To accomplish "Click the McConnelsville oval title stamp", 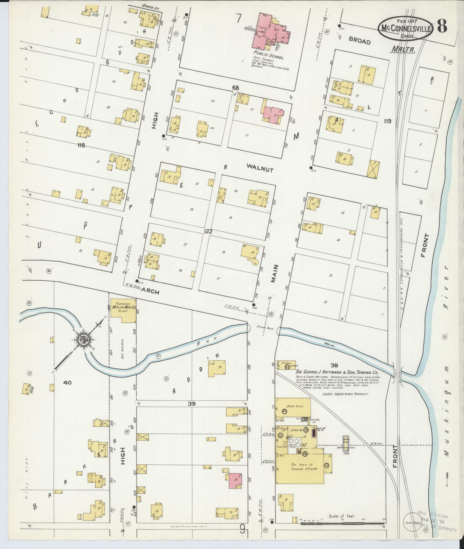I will coord(406,28).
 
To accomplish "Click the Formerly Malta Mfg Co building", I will coord(123,310).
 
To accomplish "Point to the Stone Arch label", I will coord(265,328).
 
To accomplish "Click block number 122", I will coord(208,232).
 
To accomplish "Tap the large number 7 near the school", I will coord(238,19).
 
